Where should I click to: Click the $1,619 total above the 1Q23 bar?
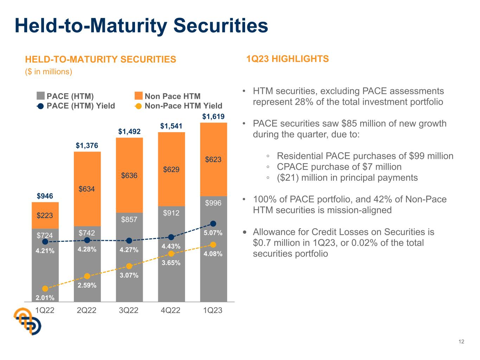pos(213,116)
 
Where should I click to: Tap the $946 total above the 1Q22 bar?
pos(45,196)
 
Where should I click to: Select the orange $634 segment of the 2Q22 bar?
pos(87,189)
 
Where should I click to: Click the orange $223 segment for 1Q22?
pos(45,215)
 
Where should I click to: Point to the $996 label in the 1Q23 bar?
pos(213,203)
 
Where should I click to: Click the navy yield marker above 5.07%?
pos(213,224)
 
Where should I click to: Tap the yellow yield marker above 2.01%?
pos(45,289)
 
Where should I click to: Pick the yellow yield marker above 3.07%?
pos(129,266)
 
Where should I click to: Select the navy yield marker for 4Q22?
pos(171,237)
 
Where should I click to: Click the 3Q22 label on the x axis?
pos(129,310)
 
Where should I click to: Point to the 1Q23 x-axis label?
pos(213,310)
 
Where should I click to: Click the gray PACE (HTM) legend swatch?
pos(41,96)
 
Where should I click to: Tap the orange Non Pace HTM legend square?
pos(139,96)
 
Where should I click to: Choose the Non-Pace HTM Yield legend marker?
pos(139,106)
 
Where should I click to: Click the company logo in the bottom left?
pos(27,321)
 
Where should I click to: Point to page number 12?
pos(461,342)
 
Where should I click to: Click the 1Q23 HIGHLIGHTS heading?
pos(288,59)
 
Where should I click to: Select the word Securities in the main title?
pos(220,26)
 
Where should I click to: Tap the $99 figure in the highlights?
pos(417,156)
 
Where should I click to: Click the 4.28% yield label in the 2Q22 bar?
pos(87,249)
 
